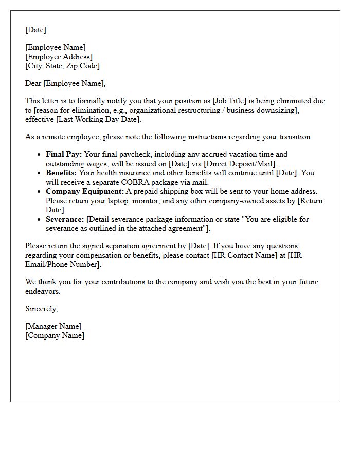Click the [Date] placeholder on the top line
[35, 30]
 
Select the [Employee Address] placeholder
[59, 57]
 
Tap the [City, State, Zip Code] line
[62, 66]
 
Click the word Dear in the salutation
[33, 83]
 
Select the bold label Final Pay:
[64, 154]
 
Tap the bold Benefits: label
[61, 173]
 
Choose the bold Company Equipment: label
[85, 191]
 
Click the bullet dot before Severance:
[39, 220]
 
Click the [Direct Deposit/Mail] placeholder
[240, 164]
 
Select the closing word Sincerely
[41, 309]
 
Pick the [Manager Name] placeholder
[53, 326]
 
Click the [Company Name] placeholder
[55, 335]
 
